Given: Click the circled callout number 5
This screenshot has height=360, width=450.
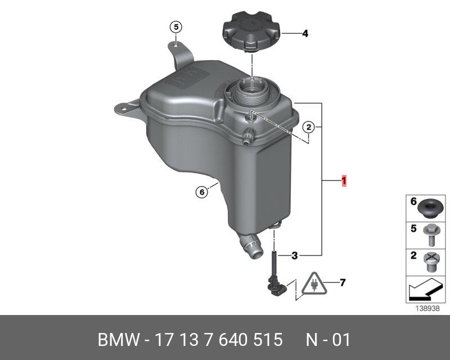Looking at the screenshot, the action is (176, 27).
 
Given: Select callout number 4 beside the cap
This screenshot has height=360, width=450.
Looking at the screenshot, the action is (305, 34).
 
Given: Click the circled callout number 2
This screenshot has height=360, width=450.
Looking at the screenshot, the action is (308, 127).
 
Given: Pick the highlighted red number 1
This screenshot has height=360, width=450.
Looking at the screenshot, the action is (344, 181).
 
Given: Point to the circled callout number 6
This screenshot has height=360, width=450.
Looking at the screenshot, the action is (202, 192).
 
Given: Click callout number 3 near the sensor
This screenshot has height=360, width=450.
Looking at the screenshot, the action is (294, 255).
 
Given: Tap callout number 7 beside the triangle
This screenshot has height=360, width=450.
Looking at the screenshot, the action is (343, 283).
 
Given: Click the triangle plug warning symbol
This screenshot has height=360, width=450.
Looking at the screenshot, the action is (314, 285).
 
